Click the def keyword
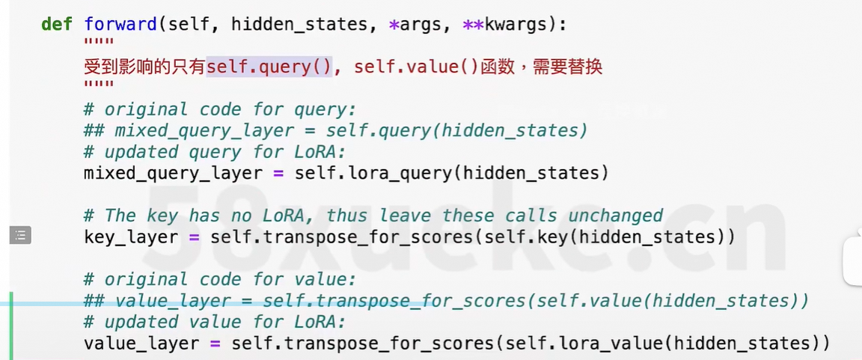56,24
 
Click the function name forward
120,24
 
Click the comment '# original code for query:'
220,109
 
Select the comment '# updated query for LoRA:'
215,152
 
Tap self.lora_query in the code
373,174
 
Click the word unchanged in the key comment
615,216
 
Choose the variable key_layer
131,237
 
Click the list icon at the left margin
20,235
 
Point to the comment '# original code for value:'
220,279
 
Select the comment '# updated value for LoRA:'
215,323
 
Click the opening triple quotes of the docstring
99,43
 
